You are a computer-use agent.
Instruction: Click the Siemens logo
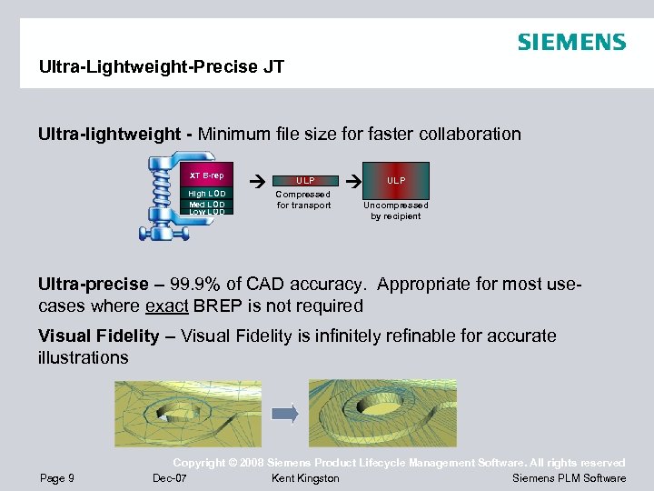571,42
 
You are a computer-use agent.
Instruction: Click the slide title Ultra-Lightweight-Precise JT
162,66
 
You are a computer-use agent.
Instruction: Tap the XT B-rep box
206,175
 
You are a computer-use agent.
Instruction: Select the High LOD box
206,194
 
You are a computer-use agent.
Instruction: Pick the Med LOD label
206,204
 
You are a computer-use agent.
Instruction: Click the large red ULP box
396,180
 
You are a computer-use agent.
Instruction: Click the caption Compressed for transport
303,199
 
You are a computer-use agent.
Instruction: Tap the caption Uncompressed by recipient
396,210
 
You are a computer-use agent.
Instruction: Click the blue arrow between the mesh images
285,414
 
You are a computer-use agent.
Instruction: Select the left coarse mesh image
186,413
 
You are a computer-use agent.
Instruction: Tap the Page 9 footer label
57,478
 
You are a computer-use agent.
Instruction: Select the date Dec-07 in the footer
170,478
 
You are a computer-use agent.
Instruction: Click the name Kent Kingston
305,478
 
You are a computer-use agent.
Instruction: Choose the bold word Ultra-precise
91,284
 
